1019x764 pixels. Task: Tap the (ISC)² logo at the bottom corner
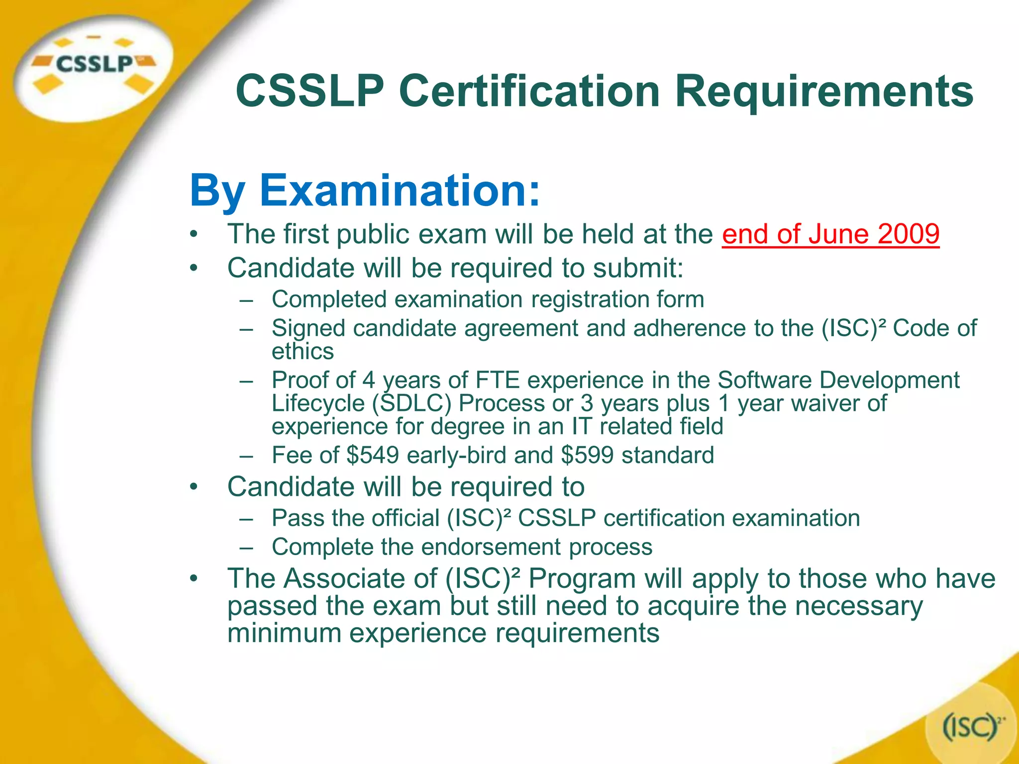click(x=970, y=727)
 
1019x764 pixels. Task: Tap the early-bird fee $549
click(x=373, y=455)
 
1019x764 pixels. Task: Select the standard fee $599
click(x=587, y=455)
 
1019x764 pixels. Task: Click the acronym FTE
click(x=498, y=381)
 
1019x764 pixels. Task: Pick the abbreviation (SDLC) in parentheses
click(x=411, y=403)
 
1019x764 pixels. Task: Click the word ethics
click(x=303, y=351)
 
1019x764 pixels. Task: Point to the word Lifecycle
click(x=318, y=403)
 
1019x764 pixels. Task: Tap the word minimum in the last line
click(x=284, y=633)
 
